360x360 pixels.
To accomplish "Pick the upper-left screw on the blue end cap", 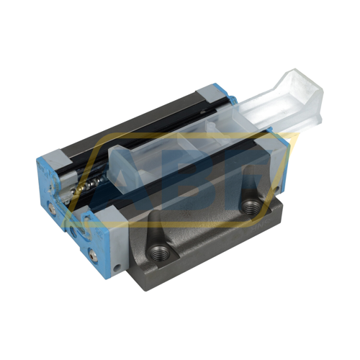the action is (51, 210).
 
